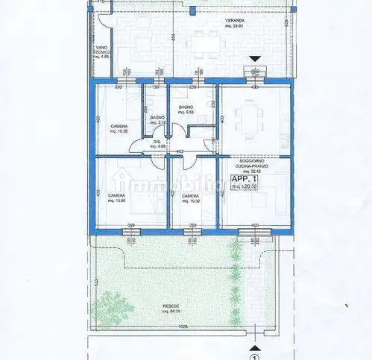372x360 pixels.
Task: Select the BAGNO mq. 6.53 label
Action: [x=186, y=110]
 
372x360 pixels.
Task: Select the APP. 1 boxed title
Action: [x=245, y=180]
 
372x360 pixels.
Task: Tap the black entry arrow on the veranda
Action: [x=256, y=58]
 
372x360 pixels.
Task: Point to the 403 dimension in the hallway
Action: [x=179, y=151]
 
